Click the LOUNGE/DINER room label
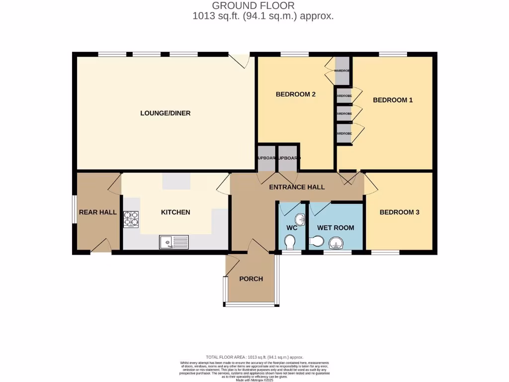point(165,113)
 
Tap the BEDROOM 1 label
point(393,100)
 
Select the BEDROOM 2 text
point(296,95)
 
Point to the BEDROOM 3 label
point(399,212)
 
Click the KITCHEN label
point(175,212)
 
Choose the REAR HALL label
point(98,212)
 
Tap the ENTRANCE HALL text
point(297,187)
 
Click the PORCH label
point(251,279)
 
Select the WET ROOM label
point(336,228)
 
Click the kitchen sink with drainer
point(174,243)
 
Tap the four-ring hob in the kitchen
point(131,219)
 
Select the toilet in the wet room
point(316,242)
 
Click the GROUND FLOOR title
point(253,6)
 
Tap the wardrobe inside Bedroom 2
point(342,71)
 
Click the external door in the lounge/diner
point(242,60)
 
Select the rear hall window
point(74,212)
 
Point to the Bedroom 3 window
point(385,253)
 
